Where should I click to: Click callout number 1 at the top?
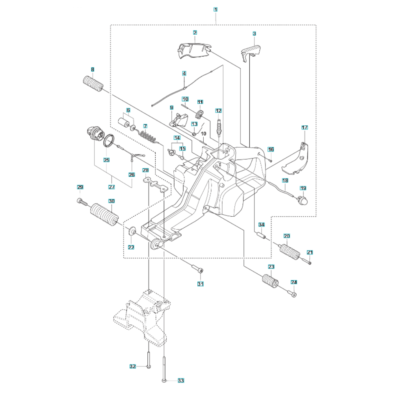click(x=216, y=9)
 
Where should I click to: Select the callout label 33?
click(x=181, y=381)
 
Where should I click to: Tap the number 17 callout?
click(x=305, y=127)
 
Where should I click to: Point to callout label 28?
click(x=145, y=170)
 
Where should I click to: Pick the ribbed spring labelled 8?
click(x=93, y=84)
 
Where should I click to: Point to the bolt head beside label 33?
click(x=164, y=381)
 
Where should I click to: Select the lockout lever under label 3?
click(x=250, y=52)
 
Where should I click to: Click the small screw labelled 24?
click(x=293, y=293)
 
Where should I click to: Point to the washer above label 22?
click(x=132, y=230)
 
